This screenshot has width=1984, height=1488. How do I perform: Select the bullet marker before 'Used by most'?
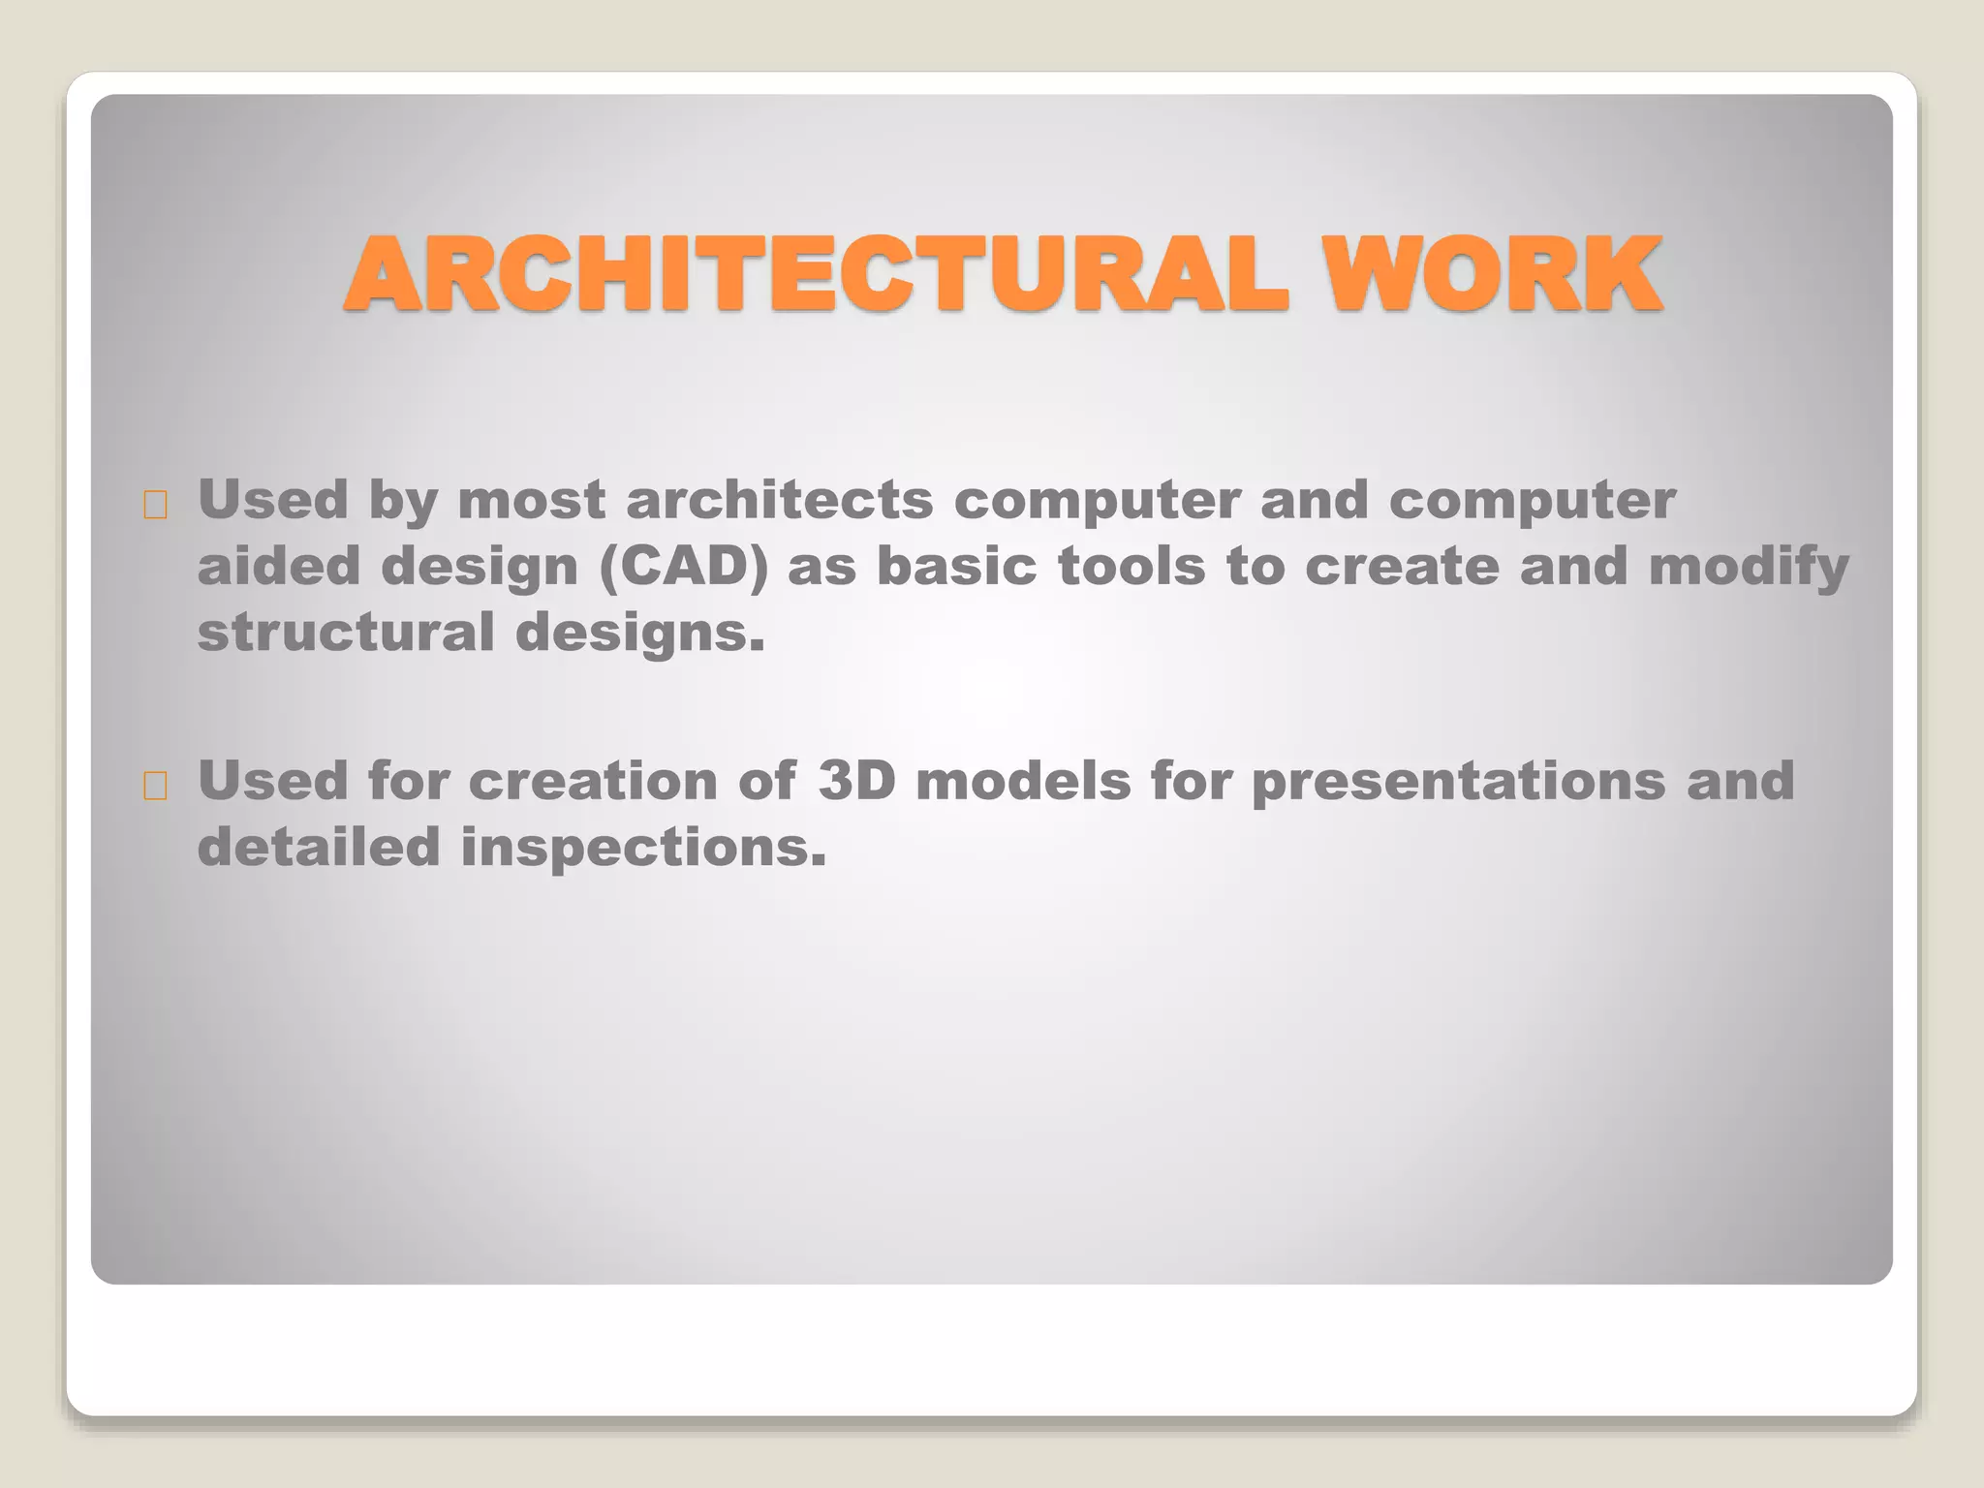coord(155,505)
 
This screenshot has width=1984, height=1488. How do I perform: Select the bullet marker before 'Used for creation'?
coord(155,786)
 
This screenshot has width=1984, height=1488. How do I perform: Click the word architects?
coord(779,501)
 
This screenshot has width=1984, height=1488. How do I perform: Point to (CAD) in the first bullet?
coord(684,567)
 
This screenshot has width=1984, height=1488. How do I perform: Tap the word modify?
coord(1749,567)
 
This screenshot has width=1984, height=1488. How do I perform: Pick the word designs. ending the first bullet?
coord(639,634)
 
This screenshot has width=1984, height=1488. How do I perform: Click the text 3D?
coord(856,781)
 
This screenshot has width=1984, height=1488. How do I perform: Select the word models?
coord(1023,781)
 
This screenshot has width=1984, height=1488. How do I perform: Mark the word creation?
coord(592,781)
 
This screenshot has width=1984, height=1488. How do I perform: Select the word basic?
coord(956,567)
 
